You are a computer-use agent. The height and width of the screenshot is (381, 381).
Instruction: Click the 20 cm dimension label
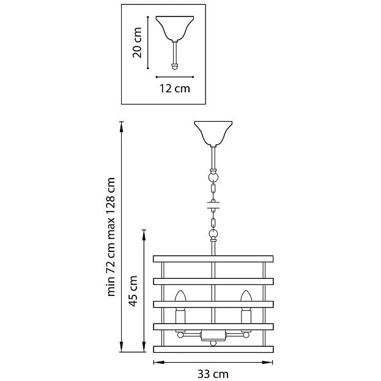pos(137,43)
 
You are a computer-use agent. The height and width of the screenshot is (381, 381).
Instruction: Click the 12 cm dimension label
pos(175,89)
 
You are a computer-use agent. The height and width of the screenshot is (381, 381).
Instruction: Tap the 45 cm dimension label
pos(133,291)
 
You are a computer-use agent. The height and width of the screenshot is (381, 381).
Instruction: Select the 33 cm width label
pos(213,374)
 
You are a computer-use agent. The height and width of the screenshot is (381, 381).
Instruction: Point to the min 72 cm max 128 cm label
pos(111,237)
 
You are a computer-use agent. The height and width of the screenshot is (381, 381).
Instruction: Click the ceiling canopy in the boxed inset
pos(175,28)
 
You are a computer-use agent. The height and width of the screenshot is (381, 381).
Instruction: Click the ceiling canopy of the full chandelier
pos(213,134)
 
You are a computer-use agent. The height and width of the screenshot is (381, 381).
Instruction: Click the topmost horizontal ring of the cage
pos(213,259)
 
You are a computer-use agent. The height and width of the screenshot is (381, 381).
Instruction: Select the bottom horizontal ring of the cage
pos(213,349)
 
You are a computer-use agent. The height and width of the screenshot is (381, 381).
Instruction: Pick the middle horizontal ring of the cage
pos(213,304)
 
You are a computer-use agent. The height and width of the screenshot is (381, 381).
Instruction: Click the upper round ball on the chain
pos(213,176)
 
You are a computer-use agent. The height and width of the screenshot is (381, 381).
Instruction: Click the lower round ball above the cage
pos(213,234)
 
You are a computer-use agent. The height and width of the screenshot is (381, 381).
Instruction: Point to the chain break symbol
pos(213,205)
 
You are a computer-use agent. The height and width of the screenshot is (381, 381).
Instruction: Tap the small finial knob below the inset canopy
pos(175,67)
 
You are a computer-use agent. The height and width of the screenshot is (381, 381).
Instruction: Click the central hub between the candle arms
pos(213,336)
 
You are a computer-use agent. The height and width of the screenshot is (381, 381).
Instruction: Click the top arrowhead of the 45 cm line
pos(144,235)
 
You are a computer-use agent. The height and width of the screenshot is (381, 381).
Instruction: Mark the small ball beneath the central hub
pos(213,343)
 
